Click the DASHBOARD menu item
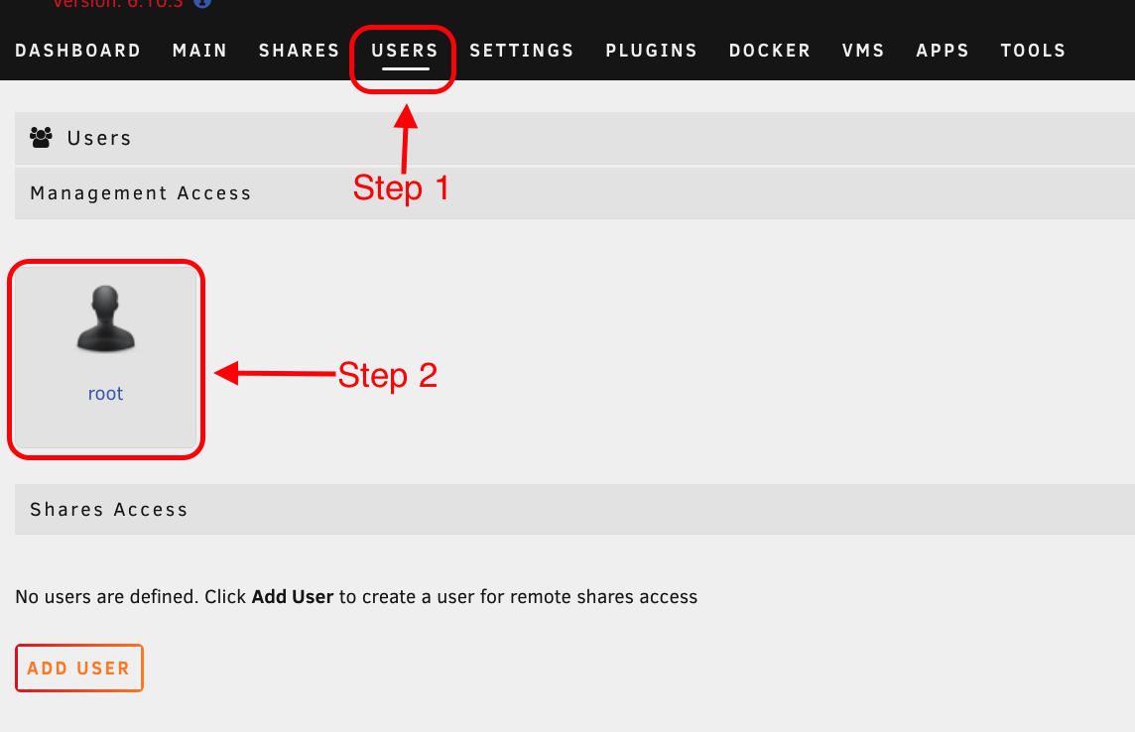pos(77,51)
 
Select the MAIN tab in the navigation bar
pos(199,51)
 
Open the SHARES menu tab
pos(299,51)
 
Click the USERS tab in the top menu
pos(405,51)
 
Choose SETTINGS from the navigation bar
pos(522,51)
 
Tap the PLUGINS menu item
pos(651,51)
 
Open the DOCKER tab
pos(769,51)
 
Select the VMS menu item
pos(863,51)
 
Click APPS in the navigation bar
pos(943,51)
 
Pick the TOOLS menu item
pos(1033,51)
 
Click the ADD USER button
pos(79,669)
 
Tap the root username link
pos(105,394)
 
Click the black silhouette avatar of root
pos(105,319)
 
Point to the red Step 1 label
pos(401,187)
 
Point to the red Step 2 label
pos(387,375)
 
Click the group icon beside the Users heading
pos(41,138)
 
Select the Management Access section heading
pos(140,193)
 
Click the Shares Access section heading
pos(108,510)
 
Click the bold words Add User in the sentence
pos(292,597)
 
